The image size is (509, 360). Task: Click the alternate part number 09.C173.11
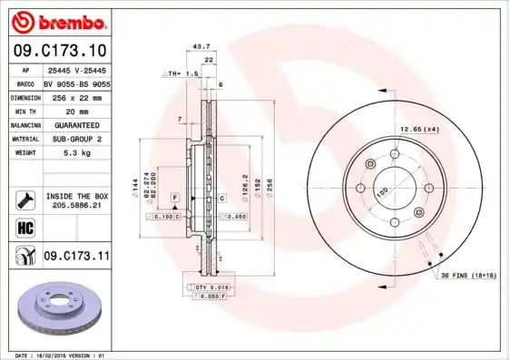(75, 257)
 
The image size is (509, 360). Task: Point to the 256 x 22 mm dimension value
(75, 95)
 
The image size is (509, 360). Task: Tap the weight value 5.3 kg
(75, 153)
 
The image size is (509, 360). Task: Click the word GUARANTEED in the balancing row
(75, 124)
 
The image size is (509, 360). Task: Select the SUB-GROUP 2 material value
(75, 139)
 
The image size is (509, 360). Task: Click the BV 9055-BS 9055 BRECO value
(77, 82)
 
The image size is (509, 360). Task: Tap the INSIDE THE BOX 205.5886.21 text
(76, 201)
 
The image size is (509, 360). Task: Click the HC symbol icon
(24, 227)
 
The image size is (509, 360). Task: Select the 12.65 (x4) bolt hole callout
(420, 129)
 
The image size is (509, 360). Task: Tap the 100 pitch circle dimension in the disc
(382, 192)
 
